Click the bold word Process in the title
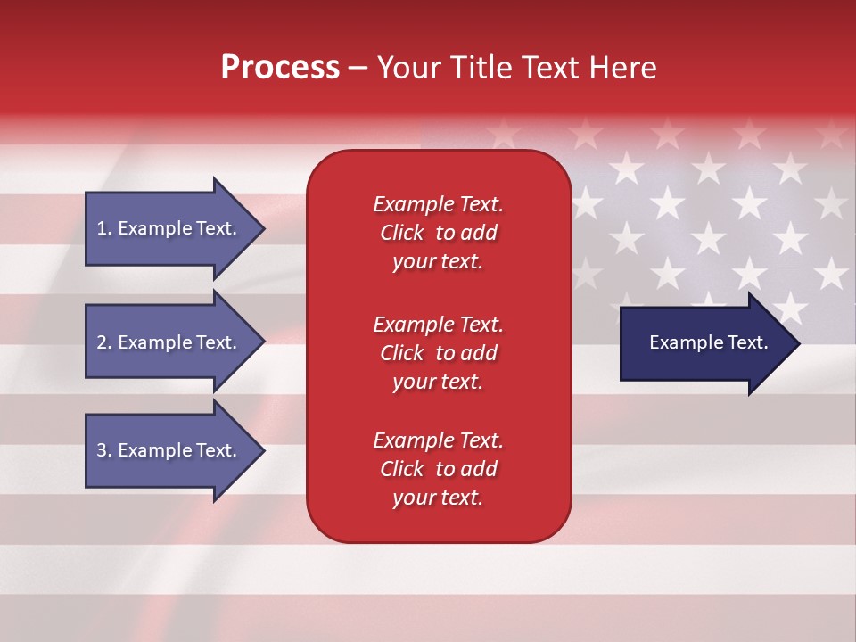pyautogui.click(x=280, y=68)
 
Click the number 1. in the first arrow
pyautogui.click(x=104, y=228)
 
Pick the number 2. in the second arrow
pyautogui.click(x=104, y=342)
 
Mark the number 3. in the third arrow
pyautogui.click(x=104, y=450)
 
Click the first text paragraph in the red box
pyautogui.click(x=438, y=233)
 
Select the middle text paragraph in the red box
pyautogui.click(x=438, y=353)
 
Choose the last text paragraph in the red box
pyautogui.click(x=438, y=469)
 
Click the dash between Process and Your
pyautogui.click(x=358, y=68)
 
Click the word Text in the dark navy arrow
pyautogui.click(x=748, y=342)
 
